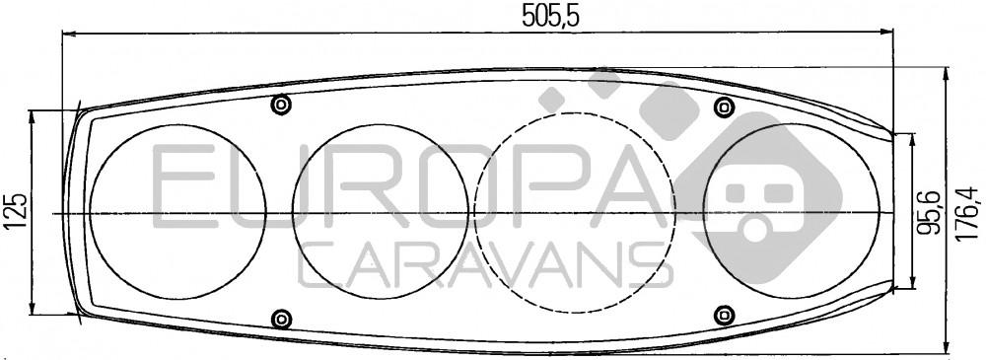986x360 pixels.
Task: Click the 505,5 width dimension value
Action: click(551, 16)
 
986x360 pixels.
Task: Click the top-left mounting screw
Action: click(281, 105)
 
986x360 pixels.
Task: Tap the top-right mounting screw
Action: click(725, 107)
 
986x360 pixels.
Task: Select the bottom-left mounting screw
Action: click(281, 318)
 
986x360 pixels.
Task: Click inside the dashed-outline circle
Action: click(574, 213)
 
